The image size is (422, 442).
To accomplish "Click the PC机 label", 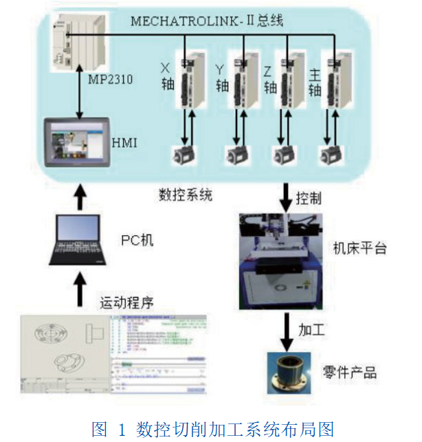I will tap(137, 240).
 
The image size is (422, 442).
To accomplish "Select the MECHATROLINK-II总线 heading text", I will tap(207, 22).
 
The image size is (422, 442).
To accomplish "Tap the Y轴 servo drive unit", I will tap(243, 80).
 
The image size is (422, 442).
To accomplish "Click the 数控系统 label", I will tap(185, 195).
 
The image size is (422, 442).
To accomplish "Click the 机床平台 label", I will tap(359, 247).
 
